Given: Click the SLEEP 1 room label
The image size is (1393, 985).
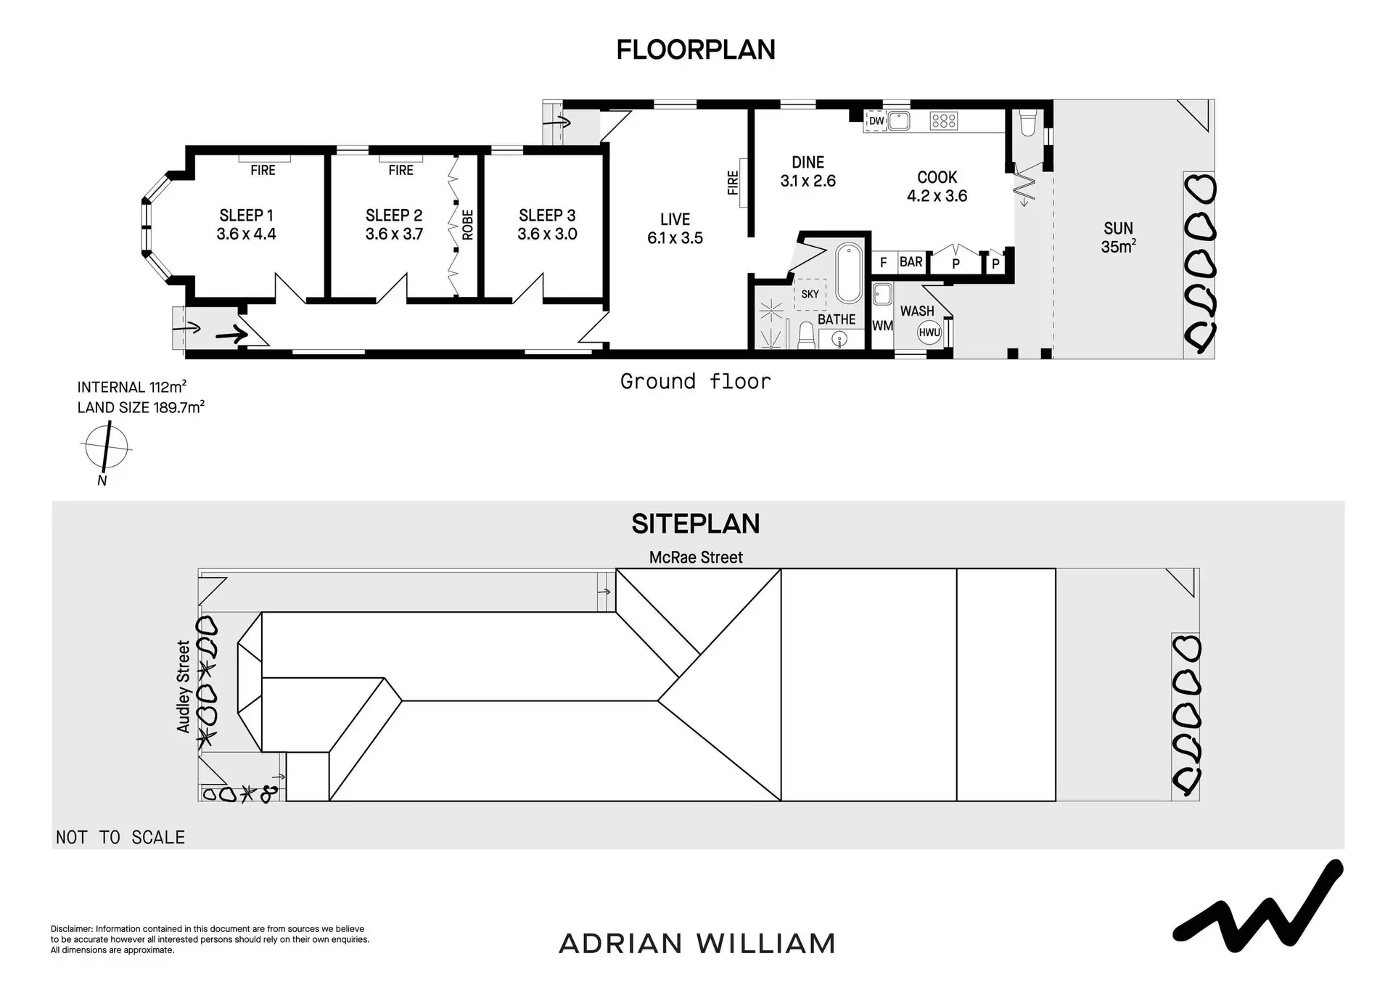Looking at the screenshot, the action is tap(246, 216).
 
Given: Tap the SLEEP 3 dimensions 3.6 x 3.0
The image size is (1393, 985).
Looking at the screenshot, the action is tap(547, 234).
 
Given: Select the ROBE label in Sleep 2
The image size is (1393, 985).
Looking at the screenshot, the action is tap(468, 224).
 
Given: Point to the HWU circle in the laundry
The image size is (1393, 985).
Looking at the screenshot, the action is tap(929, 332).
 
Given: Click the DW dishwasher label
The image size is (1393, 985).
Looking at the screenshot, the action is tap(876, 121).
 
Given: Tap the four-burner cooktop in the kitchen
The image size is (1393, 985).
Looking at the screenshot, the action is tap(944, 120).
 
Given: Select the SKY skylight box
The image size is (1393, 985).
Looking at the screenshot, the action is tap(810, 294).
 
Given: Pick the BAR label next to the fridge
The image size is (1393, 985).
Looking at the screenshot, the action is tap(911, 262).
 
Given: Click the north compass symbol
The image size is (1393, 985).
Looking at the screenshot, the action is tap(106, 448).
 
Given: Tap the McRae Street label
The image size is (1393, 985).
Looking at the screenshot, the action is tap(696, 557).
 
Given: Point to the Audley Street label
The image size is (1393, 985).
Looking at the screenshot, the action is tap(184, 686).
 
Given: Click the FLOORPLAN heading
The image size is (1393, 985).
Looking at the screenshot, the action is tap(696, 49).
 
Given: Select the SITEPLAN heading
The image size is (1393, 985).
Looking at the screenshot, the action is tap(696, 523).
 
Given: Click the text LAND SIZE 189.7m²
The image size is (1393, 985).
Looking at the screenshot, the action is tap(141, 407).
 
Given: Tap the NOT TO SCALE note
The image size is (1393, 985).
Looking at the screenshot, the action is tap(120, 838).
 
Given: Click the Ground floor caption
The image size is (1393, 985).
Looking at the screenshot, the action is tap(695, 381).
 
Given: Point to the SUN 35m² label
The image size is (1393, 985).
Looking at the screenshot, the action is tap(1118, 237).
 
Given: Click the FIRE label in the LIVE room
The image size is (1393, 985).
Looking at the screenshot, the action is tap(733, 183).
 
